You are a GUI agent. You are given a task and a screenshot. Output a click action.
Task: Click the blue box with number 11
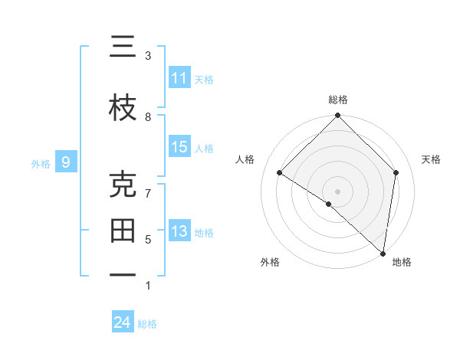tap(179, 78)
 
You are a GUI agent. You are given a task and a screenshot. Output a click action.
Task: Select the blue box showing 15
tap(179, 147)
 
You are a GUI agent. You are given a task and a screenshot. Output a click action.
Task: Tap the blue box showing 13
tap(179, 231)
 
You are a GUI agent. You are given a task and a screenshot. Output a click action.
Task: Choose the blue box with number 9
tap(66, 162)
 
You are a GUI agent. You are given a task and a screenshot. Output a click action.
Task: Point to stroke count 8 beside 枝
tap(148, 116)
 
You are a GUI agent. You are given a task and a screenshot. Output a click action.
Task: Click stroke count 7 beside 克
tap(148, 193)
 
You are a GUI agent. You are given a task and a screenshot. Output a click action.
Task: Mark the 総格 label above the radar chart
tap(338, 100)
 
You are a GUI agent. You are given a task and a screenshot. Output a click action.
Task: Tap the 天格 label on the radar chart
tap(432, 159)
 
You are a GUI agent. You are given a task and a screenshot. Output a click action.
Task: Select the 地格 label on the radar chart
tap(402, 263)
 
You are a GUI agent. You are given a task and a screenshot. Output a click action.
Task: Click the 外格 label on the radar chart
tap(270, 263)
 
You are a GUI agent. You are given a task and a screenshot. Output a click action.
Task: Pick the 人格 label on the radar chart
tap(245, 159)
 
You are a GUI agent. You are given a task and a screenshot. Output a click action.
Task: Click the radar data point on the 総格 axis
tap(338, 116)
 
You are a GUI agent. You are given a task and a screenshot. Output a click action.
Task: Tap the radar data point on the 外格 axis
tap(329, 204)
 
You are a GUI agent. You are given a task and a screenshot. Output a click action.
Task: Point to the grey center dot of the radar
tap(338, 191)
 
